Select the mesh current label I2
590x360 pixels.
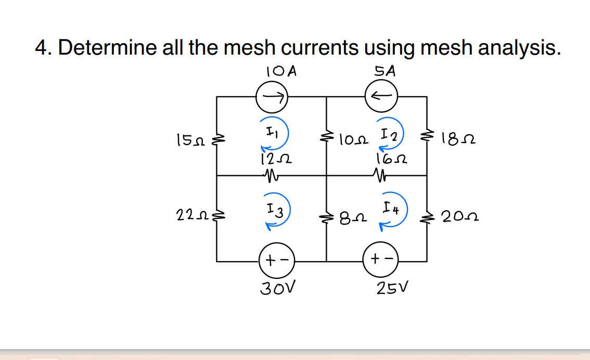[386, 136]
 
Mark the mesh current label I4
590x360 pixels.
[390, 210]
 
